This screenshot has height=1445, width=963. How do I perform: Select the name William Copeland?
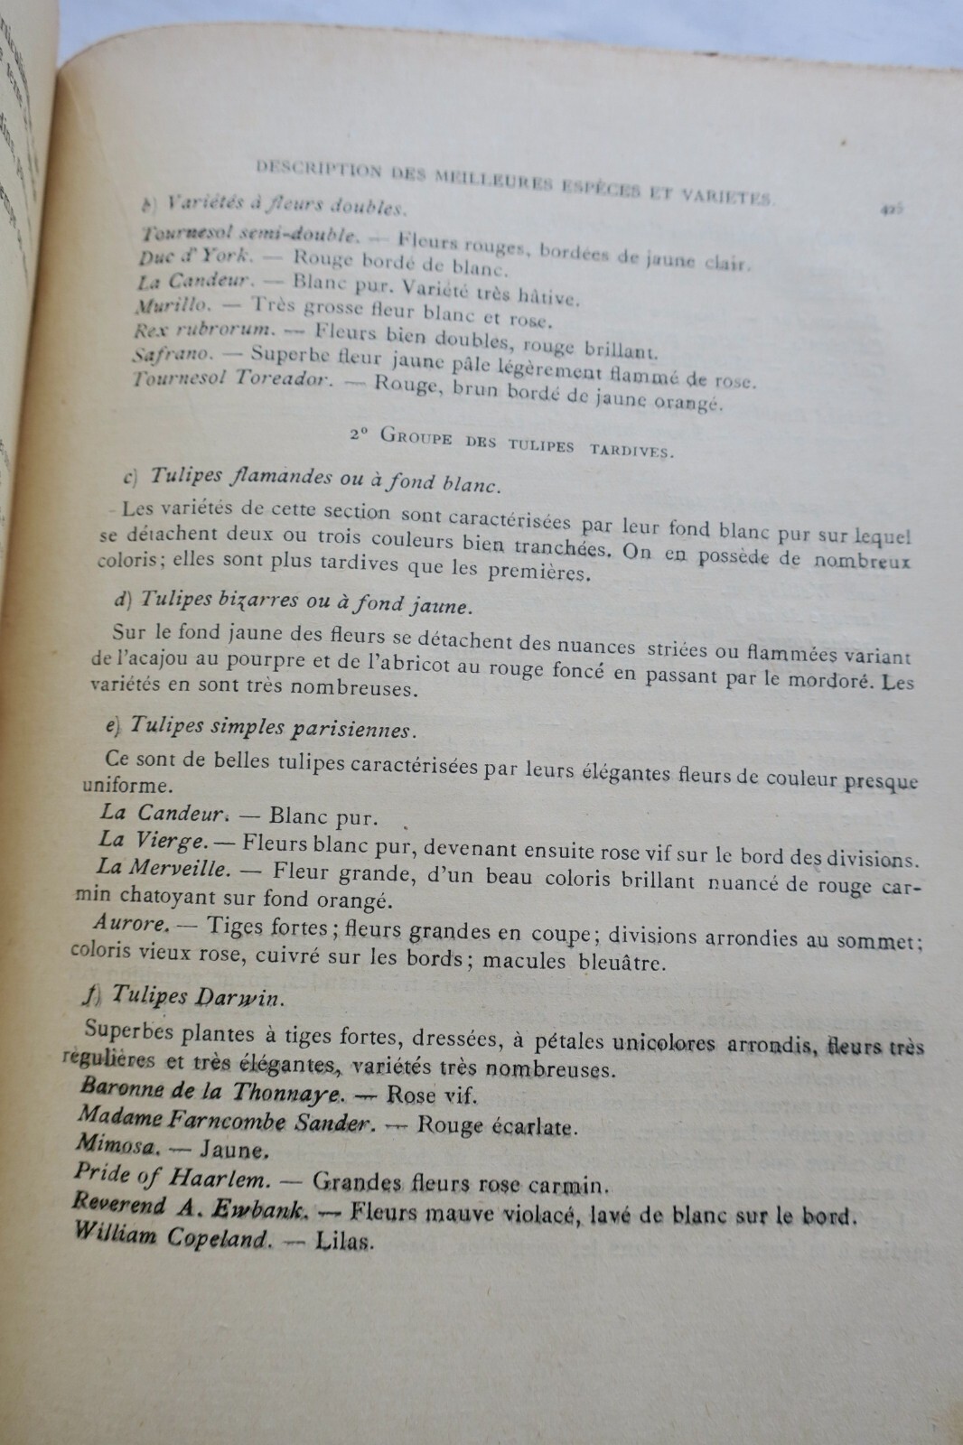tap(172, 1235)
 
